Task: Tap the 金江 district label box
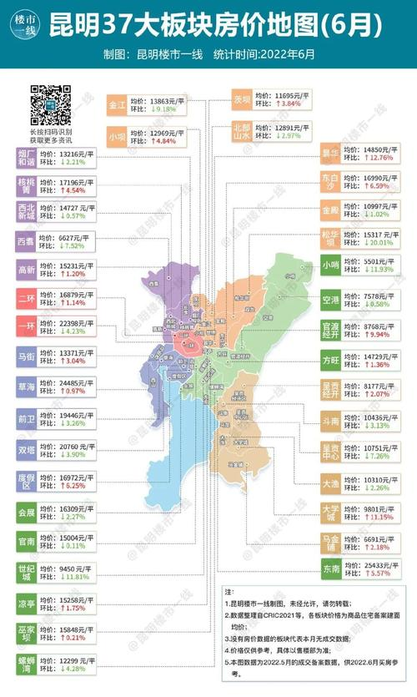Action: (117, 106)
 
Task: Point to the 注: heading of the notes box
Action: (229, 590)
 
